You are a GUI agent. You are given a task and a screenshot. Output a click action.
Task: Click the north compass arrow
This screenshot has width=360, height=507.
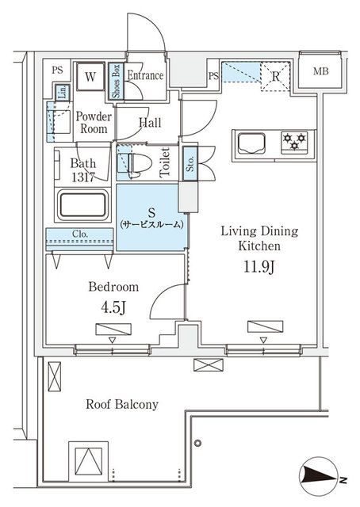321,478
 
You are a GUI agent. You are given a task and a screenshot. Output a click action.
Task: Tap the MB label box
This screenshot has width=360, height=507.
320,71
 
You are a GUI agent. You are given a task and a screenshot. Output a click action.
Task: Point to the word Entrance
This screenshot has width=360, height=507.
144,77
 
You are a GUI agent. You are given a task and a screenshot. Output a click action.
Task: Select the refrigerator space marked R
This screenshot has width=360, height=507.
274,77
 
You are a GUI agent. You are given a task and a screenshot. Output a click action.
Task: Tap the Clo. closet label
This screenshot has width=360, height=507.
81,234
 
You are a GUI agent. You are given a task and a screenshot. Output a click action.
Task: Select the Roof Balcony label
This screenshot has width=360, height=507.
122,404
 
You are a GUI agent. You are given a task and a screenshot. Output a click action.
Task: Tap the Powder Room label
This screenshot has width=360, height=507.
94,123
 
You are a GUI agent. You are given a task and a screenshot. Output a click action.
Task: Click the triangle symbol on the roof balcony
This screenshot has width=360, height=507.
90,459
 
